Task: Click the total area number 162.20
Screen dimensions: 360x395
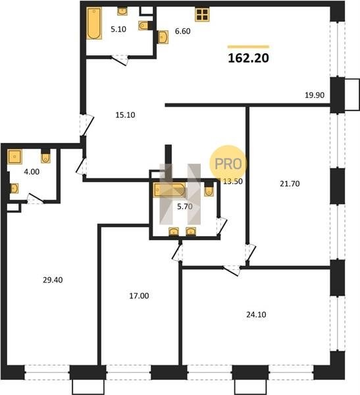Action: pyautogui.click(x=248, y=58)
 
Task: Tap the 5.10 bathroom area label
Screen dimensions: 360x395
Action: pyautogui.click(x=118, y=29)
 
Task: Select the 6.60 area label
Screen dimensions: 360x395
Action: pyautogui.click(x=183, y=31)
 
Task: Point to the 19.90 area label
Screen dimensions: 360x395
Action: pyautogui.click(x=315, y=95)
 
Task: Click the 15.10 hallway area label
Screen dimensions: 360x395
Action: pyautogui.click(x=125, y=115)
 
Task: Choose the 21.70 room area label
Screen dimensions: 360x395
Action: pyautogui.click(x=290, y=184)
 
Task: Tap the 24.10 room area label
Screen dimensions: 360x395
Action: pyautogui.click(x=256, y=315)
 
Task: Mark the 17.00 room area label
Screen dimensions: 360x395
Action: pyautogui.click(x=139, y=296)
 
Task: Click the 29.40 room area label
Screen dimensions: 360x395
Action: pyautogui.click(x=53, y=280)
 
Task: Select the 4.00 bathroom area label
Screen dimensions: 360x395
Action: pyautogui.click(x=32, y=172)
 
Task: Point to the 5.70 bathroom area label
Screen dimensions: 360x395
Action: pyautogui.click(x=185, y=207)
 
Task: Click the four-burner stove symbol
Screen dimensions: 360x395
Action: pyautogui.click(x=202, y=14)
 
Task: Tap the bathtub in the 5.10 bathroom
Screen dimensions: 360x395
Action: pyautogui.click(x=94, y=23)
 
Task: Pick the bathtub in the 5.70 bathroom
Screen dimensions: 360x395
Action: pyautogui.click(x=169, y=190)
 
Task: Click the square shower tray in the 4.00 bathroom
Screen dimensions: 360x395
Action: pyautogui.click(x=15, y=157)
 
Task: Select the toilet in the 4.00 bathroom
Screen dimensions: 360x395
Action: pyautogui.click(x=45, y=157)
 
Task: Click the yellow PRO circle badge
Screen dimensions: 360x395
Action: pyautogui.click(x=228, y=163)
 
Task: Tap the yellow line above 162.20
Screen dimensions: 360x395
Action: pyautogui.click(x=248, y=47)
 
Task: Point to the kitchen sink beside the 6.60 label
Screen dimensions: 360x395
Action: pyautogui.click(x=163, y=38)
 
